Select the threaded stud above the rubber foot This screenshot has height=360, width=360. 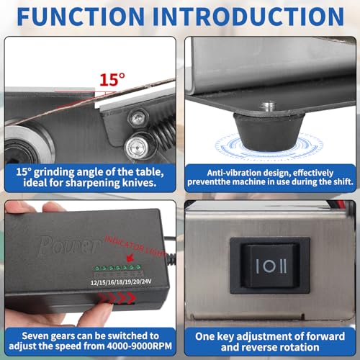coord(268,106)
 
